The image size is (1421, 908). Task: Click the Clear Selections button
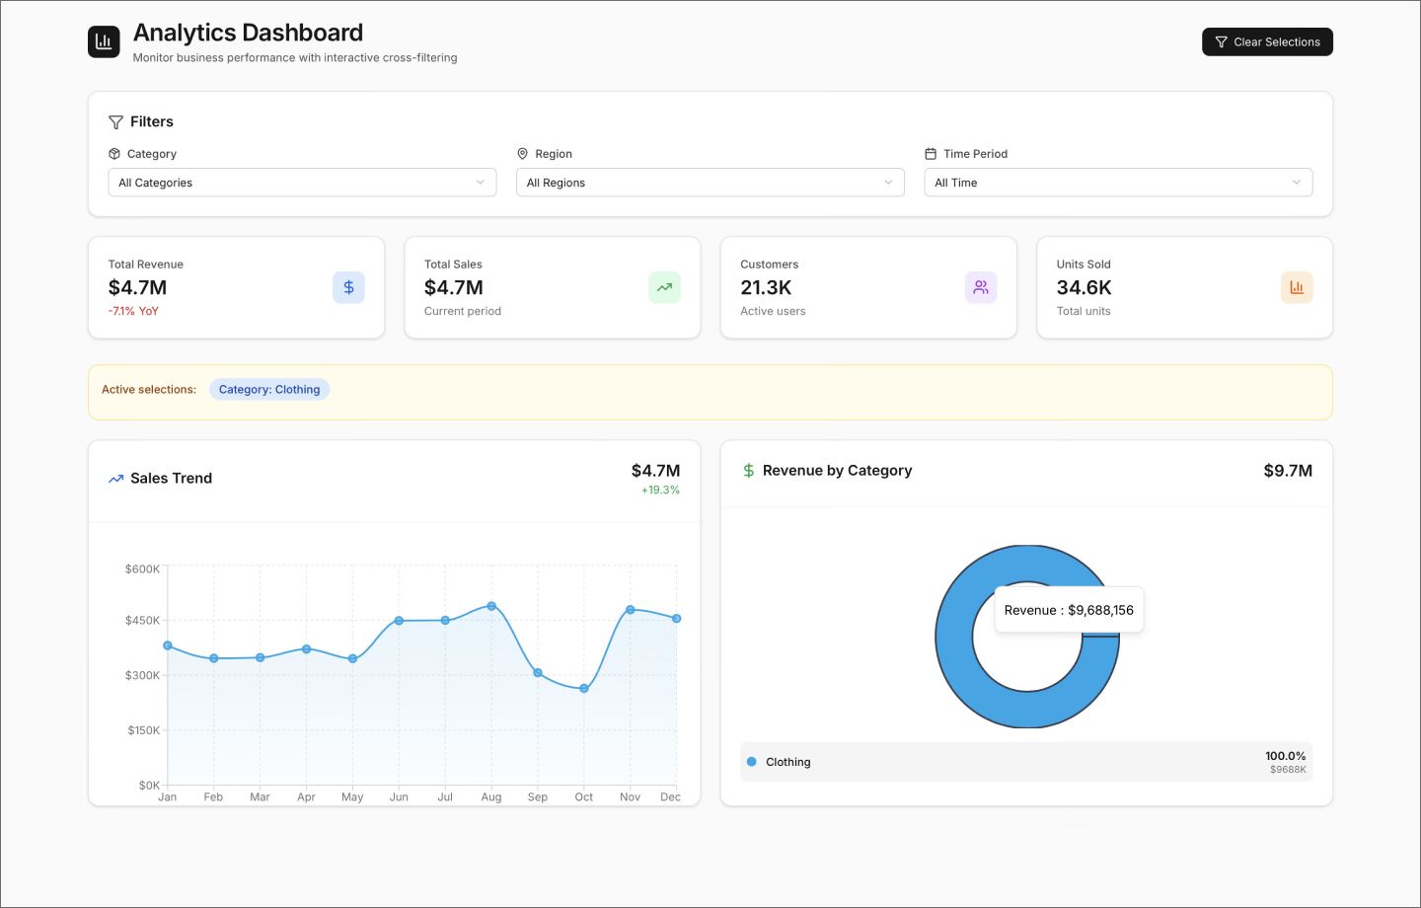1267,41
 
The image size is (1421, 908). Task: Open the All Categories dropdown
302,183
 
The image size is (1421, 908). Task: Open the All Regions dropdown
710,183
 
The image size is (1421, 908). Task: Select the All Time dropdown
1117,183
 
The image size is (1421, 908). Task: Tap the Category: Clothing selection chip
269,390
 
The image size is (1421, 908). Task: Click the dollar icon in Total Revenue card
348,287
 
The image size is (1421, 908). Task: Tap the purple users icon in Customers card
981,287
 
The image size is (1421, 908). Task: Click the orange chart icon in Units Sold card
1297,287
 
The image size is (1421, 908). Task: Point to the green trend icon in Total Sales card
664,287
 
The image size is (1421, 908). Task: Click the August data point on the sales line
491,606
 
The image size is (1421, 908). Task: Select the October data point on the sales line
584,688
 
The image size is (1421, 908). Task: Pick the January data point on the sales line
168,645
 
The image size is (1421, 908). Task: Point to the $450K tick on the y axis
142,621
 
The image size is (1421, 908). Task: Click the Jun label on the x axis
399,797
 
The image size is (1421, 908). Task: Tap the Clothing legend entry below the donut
787,762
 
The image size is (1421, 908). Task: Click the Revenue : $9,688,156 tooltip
1069,610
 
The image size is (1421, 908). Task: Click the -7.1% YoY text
133,311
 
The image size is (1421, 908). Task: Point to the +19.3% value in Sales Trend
660,491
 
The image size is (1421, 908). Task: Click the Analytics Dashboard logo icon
104,41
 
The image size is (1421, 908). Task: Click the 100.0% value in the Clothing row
1285,756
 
